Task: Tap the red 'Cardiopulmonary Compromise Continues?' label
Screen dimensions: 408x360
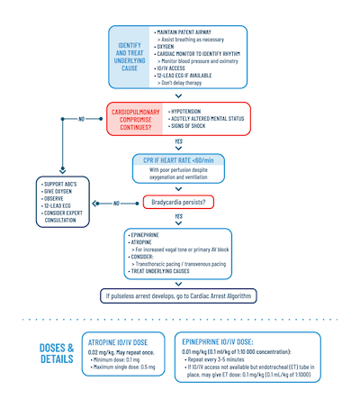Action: [136, 120]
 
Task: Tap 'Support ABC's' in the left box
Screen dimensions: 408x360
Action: [62, 186]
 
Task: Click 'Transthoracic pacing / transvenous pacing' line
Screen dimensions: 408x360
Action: [184, 263]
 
